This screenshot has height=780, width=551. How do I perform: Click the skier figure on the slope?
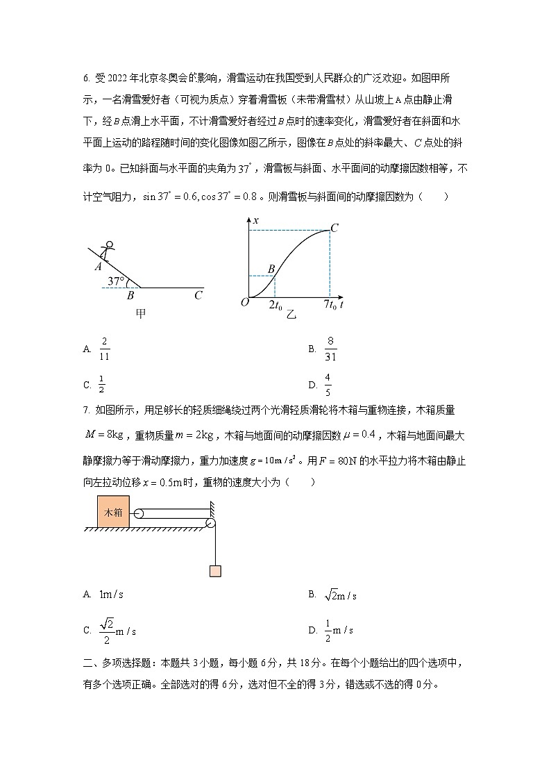tap(107, 251)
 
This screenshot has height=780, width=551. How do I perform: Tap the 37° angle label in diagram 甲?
tap(115, 281)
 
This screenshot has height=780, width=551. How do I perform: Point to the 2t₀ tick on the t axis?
tap(275, 304)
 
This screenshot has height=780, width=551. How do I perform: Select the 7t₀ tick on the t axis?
tap(330, 304)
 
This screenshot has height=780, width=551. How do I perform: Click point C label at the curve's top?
tap(334, 228)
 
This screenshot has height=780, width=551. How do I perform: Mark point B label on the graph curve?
tap(271, 269)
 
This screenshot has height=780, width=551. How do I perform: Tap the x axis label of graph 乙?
tap(255, 220)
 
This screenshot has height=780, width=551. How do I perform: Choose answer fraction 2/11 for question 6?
tap(105, 349)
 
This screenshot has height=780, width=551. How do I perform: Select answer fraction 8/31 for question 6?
tap(330, 349)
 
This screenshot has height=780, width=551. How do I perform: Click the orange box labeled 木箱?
tap(113, 513)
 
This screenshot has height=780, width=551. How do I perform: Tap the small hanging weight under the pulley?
tap(214, 571)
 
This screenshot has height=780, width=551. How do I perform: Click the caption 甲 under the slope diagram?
tap(140, 313)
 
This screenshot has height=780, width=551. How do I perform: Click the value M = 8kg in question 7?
tap(103, 435)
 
